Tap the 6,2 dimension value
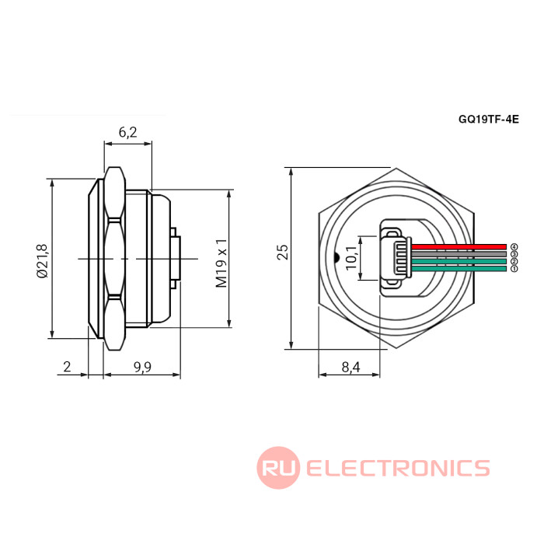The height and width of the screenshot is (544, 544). pos(127,133)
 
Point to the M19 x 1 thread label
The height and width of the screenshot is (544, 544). pos(221,263)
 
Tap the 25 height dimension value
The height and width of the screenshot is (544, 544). pos(283,252)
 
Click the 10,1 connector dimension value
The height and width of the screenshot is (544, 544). pos(350,257)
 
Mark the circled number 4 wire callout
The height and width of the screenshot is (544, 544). pos(514,246)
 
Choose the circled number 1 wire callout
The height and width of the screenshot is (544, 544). pos(514,269)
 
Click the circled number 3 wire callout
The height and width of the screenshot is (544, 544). pos(514,254)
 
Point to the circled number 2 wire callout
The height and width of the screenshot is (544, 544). pos(514,261)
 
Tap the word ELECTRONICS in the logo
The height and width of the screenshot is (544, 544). pos(398,468)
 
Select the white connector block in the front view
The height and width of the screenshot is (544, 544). pos(397,257)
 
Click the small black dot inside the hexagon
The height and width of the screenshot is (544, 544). pos(335,257)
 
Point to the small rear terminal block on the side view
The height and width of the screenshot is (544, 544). pos(177,258)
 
